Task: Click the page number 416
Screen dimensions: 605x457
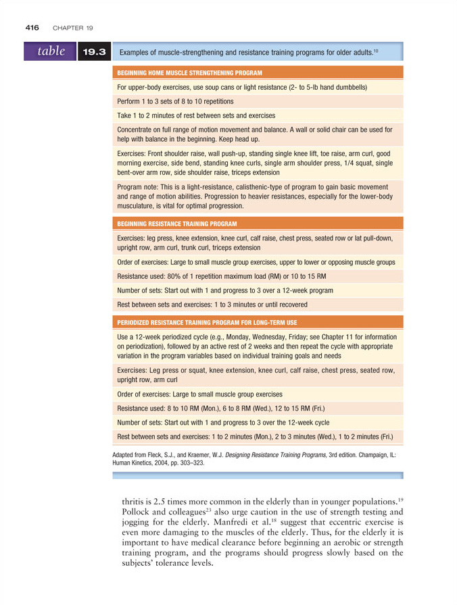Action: [x=32, y=28]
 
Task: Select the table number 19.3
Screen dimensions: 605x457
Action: [x=94, y=52]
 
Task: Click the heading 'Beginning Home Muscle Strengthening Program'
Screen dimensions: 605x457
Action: [x=190, y=72]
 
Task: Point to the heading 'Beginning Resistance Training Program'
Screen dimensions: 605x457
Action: [x=177, y=223]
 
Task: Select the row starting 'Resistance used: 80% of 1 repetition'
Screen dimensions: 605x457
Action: [x=222, y=277]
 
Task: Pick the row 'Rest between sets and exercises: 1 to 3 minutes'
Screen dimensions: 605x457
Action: [x=212, y=305]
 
